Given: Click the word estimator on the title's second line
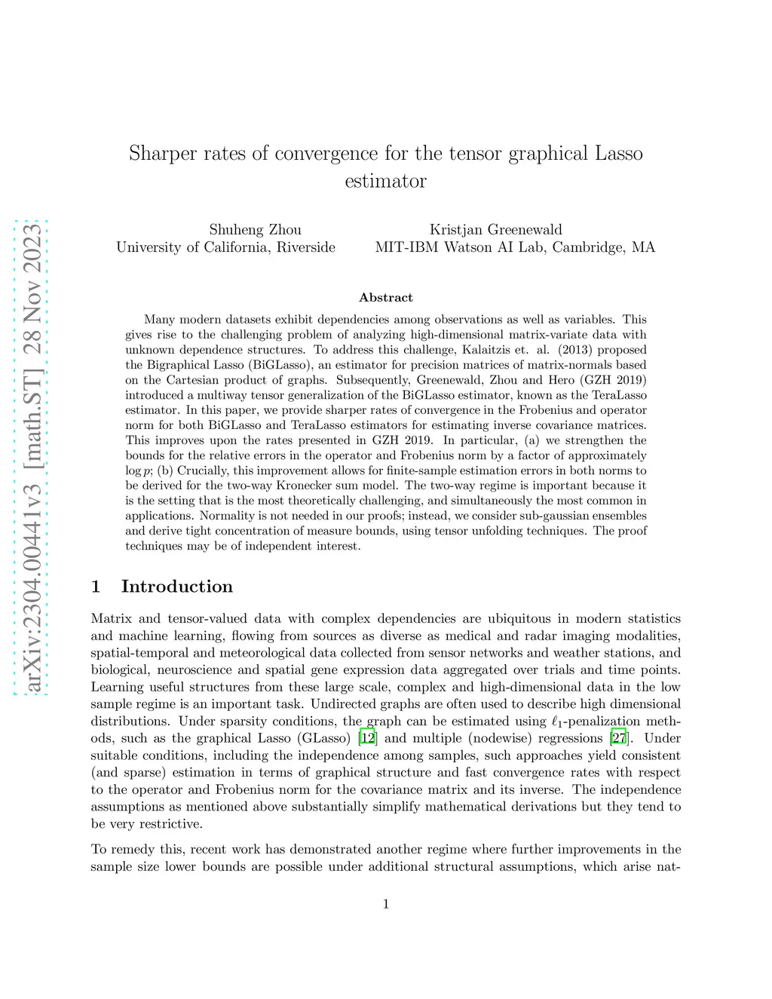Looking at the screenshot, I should pyautogui.click(x=385, y=182).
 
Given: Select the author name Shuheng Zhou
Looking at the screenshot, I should pyautogui.click(x=255, y=230).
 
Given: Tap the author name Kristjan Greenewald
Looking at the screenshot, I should pyautogui.click(x=495, y=230).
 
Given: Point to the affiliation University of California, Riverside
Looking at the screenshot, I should pyautogui.click(x=225, y=247).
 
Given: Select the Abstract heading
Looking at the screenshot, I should pyautogui.click(x=385, y=298).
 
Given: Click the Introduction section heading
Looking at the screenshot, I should pyautogui.click(x=176, y=587).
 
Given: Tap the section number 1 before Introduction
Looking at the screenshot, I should pyautogui.click(x=96, y=587).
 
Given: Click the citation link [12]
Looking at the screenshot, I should pyautogui.click(x=367, y=738).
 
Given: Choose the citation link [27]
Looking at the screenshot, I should pyautogui.click(x=618, y=738).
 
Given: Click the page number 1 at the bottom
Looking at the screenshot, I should pyautogui.click(x=386, y=904).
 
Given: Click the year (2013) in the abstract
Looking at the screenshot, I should pyautogui.click(x=623, y=350).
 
